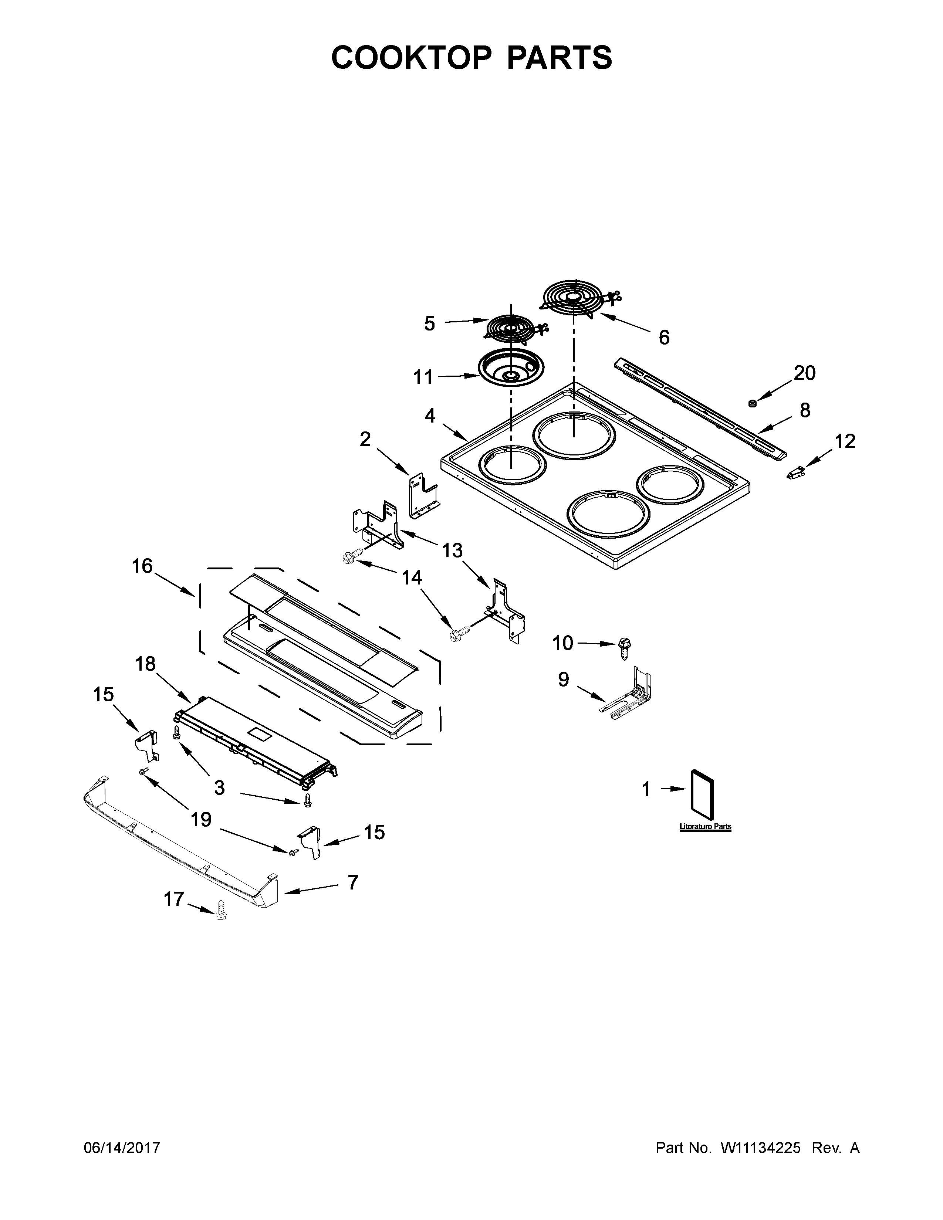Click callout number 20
(804, 373)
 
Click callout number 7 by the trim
(352, 882)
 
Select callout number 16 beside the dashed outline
(142, 566)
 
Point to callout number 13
(452, 550)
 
